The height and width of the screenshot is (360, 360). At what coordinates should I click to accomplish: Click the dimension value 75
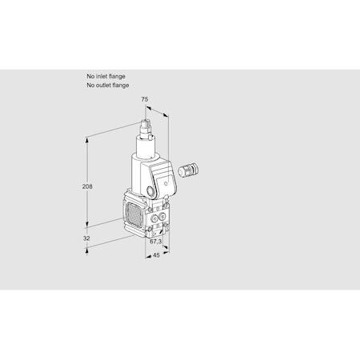[144, 99]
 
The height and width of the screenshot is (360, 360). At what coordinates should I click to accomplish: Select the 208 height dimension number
[87, 186]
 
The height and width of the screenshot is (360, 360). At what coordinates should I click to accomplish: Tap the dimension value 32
[86, 238]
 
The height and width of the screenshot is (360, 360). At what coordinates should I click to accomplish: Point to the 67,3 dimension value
[156, 242]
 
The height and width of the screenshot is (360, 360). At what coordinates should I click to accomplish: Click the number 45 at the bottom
[156, 255]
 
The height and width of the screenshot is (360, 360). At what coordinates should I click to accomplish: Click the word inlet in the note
[102, 77]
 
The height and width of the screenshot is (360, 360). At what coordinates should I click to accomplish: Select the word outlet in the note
[103, 86]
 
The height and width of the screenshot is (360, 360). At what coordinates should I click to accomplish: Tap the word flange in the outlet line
[121, 86]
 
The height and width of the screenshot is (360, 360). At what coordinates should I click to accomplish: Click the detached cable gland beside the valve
[189, 170]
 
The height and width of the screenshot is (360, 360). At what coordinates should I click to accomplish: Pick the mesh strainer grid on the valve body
[134, 214]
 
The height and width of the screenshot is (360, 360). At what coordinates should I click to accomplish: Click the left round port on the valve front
[154, 218]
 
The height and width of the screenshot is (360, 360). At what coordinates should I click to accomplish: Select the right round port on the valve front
[162, 217]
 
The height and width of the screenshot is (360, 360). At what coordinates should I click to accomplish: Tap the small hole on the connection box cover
[166, 183]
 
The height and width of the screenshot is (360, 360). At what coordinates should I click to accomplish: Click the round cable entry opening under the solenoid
[150, 191]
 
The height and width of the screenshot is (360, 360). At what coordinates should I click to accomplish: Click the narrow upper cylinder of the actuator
[146, 147]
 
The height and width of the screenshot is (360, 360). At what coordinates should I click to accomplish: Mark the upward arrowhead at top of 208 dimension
[86, 140]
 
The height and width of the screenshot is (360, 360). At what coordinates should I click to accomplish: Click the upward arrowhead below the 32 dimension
[86, 250]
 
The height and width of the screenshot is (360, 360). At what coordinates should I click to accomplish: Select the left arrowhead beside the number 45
[148, 257]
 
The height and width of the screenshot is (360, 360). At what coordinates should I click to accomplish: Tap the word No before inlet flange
[90, 77]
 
